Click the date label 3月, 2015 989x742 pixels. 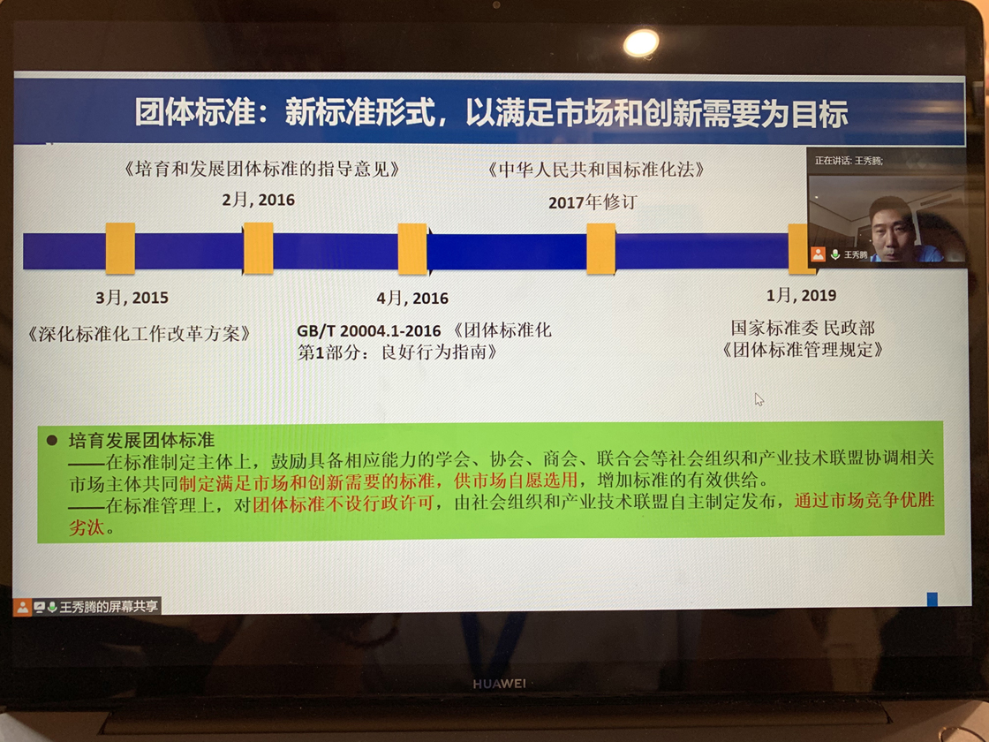click(x=132, y=297)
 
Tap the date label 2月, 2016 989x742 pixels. click(x=258, y=200)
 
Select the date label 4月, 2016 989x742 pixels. click(x=411, y=298)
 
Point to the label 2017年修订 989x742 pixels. click(x=593, y=202)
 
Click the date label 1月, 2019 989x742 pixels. click(x=801, y=295)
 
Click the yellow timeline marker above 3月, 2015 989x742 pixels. click(x=120, y=248)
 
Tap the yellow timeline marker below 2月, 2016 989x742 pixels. click(x=258, y=248)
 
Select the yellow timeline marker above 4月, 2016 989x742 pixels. click(x=412, y=249)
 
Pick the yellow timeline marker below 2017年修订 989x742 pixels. click(x=601, y=249)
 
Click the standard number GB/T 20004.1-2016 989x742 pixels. click(x=369, y=330)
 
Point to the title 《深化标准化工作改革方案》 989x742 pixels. click(x=139, y=334)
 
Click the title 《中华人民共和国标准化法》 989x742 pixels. click(x=595, y=169)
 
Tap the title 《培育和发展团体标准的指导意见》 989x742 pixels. click(x=261, y=169)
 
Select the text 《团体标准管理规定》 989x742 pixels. click(x=803, y=350)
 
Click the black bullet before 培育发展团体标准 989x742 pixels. click(x=52, y=440)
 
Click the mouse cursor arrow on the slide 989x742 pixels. click(x=759, y=399)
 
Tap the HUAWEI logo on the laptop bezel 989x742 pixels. click(x=499, y=684)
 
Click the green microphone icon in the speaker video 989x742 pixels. click(x=834, y=254)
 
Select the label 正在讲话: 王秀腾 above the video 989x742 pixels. click(x=849, y=161)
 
